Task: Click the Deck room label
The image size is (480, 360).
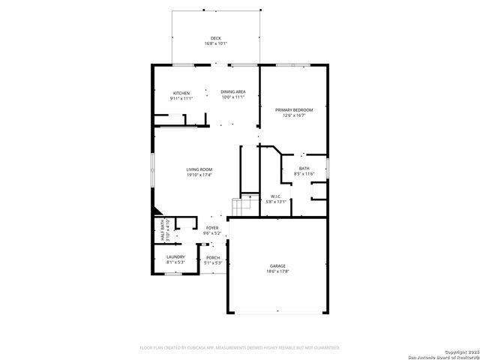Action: [x=215, y=38]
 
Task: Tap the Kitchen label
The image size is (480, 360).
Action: [x=181, y=92]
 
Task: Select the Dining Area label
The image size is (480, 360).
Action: [x=232, y=92]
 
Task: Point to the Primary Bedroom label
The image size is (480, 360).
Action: [x=293, y=110]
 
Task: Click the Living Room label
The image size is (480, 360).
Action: [x=199, y=169]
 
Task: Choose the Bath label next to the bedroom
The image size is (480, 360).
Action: [x=304, y=168]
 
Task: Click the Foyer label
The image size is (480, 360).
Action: [x=213, y=227]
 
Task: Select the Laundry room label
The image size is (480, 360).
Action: [x=175, y=257]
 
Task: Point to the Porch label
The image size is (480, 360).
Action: [x=213, y=257]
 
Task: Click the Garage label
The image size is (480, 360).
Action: [x=278, y=265]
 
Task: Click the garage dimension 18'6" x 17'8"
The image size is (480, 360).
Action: [x=278, y=271]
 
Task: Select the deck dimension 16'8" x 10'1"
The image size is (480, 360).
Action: [x=215, y=44]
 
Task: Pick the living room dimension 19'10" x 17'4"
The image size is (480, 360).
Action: [x=199, y=175]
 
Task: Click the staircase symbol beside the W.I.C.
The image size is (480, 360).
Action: [x=241, y=204]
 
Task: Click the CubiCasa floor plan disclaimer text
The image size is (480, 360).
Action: [x=240, y=347]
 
